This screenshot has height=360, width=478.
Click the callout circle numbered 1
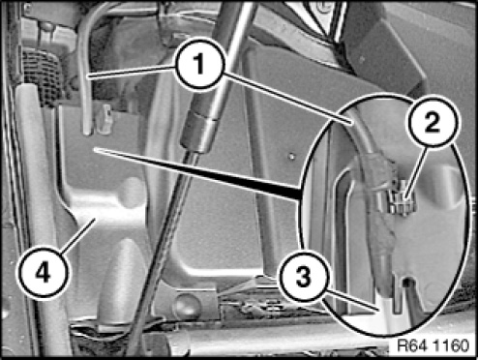coord(199,64)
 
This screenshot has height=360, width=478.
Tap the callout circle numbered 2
coord(433,122)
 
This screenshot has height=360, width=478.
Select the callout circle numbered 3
coord(304,278)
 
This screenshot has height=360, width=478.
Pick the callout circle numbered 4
coord(44,272)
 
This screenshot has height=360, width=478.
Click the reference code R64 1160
coord(433,346)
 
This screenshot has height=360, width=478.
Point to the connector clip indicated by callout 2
coord(401,199)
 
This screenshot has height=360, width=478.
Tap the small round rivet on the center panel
coord(291,156)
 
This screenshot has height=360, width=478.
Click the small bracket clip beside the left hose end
coord(105,119)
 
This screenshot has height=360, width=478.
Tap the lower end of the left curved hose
coord(87,132)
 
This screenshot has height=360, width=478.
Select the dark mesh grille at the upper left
coord(42,77)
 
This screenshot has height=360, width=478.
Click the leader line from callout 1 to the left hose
coord(133,72)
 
